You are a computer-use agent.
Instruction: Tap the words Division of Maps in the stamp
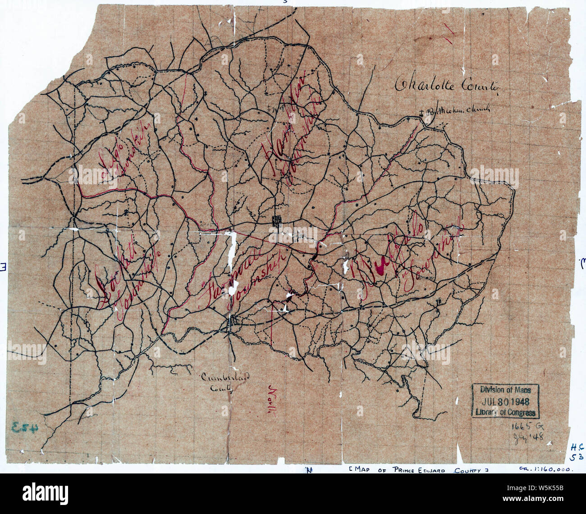pyautogui.click(x=505, y=391)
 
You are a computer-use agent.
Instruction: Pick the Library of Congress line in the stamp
pyautogui.click(x=505, y=412)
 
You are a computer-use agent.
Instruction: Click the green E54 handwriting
pyautogui.click(x=25, y=426)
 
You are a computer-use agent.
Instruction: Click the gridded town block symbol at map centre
pyautogui.click(x=276, y=220)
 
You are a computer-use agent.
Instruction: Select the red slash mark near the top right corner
pyautogui.click(x=449, y=34)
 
